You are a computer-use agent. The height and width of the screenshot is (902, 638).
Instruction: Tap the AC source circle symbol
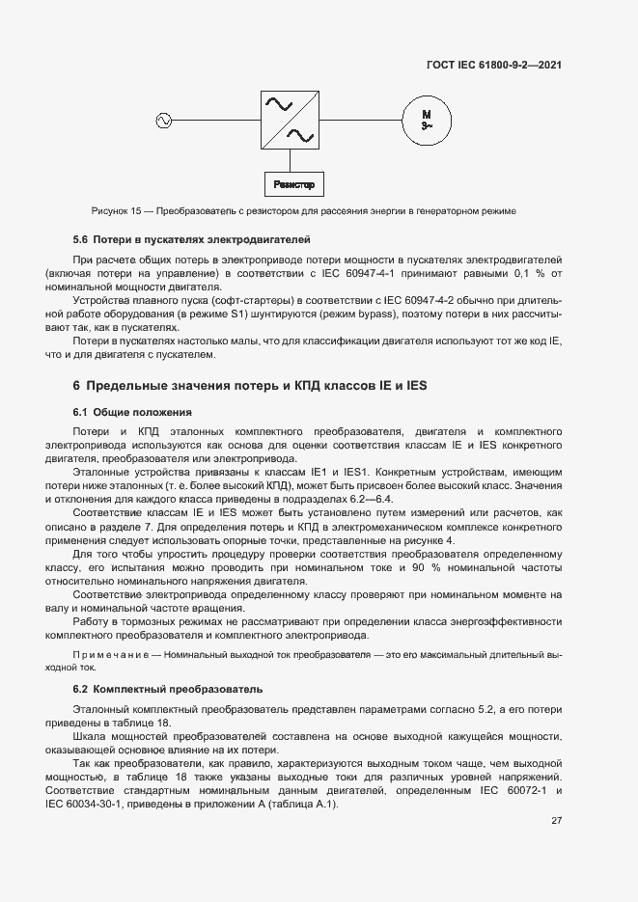162,121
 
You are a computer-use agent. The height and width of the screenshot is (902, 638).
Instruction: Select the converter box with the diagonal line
291,120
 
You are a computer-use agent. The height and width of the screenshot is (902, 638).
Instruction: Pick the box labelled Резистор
293,183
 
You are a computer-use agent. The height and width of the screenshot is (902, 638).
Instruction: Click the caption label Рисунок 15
116,210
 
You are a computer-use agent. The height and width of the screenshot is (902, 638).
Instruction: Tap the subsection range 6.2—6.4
373,499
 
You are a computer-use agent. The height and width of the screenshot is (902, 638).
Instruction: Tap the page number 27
556,821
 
